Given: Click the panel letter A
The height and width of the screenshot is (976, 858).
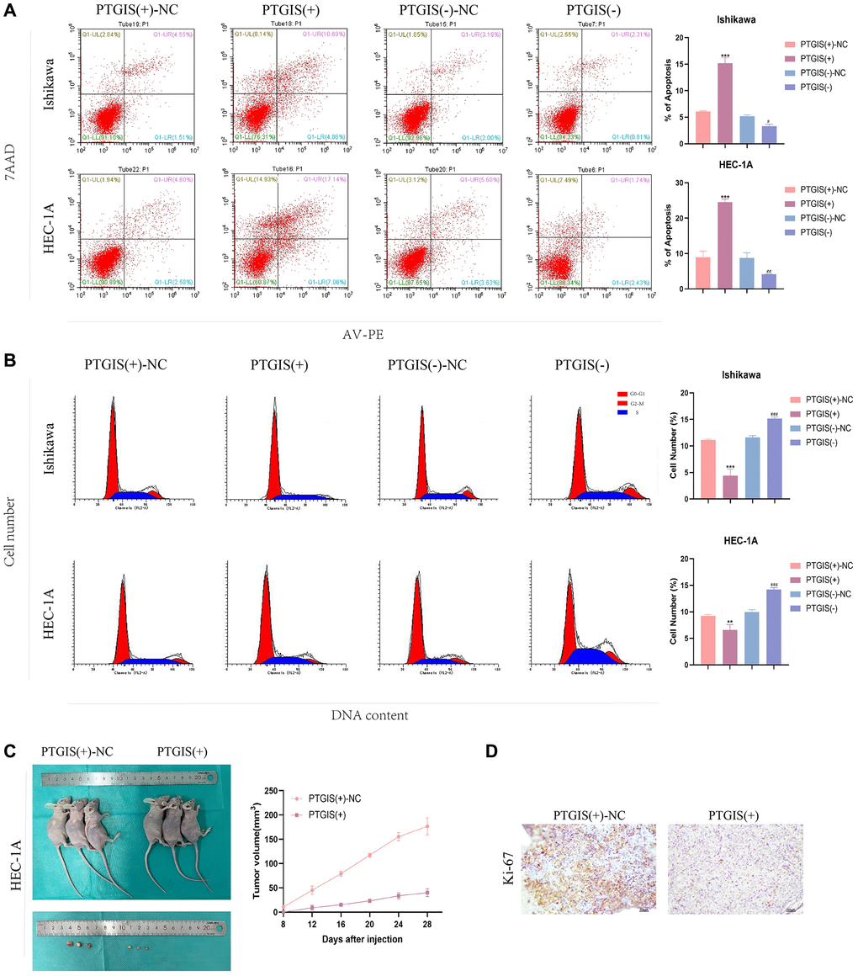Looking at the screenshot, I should [x=8, y=9].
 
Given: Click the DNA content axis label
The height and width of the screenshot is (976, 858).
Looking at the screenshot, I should [x=368, y=715].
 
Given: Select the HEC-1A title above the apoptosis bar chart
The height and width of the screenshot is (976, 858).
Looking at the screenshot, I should [x=735, y=167].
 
